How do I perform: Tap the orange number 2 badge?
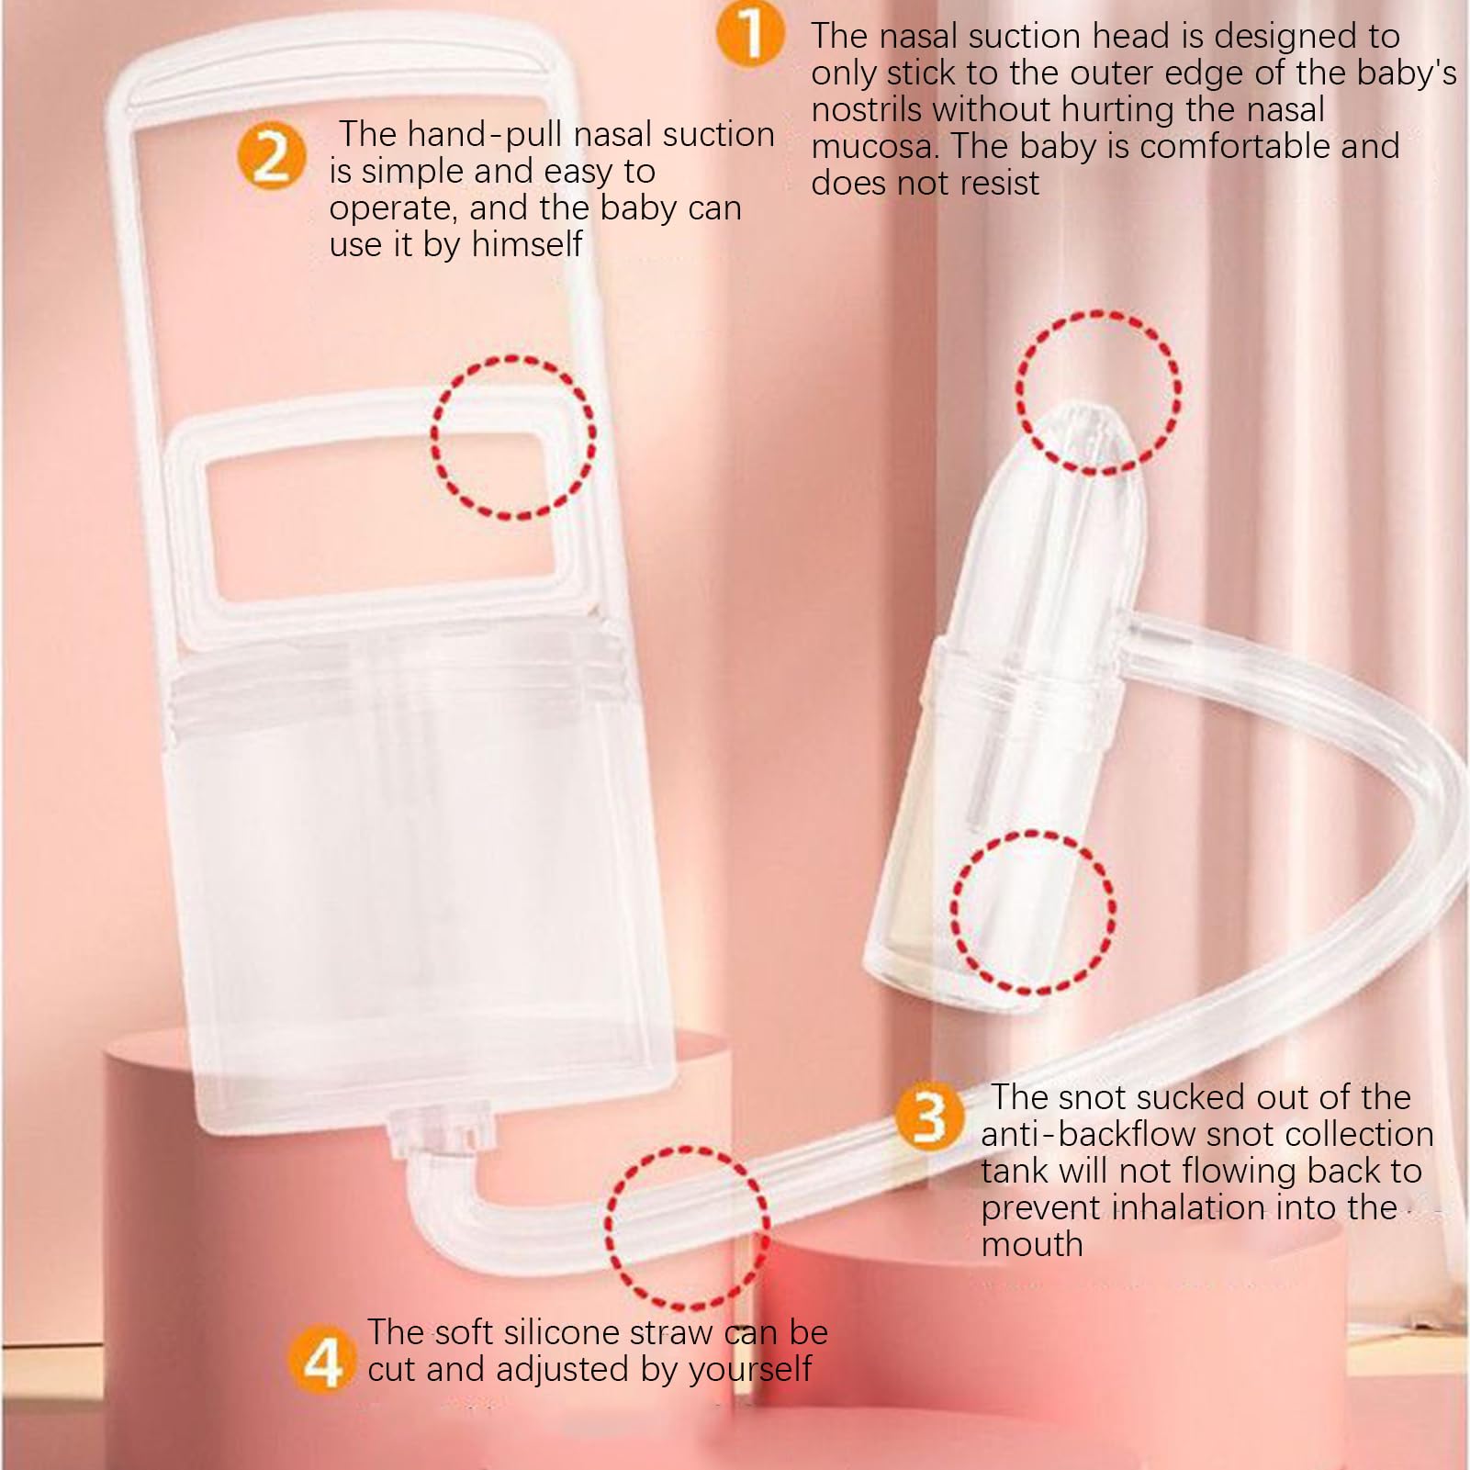pyautogui.click(x=271, y=156)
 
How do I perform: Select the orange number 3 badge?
pyautogui.click(x=929, y=1117)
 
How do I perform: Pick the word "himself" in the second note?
pyautogui.click(x=527, y=244)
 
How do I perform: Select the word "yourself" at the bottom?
pyautogui.click(x=750, y=1370)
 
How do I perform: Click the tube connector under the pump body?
pyautogui.click(x=445, y=1132)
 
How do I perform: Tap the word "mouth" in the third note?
pyautogui.click(x=1032, y=1245)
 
